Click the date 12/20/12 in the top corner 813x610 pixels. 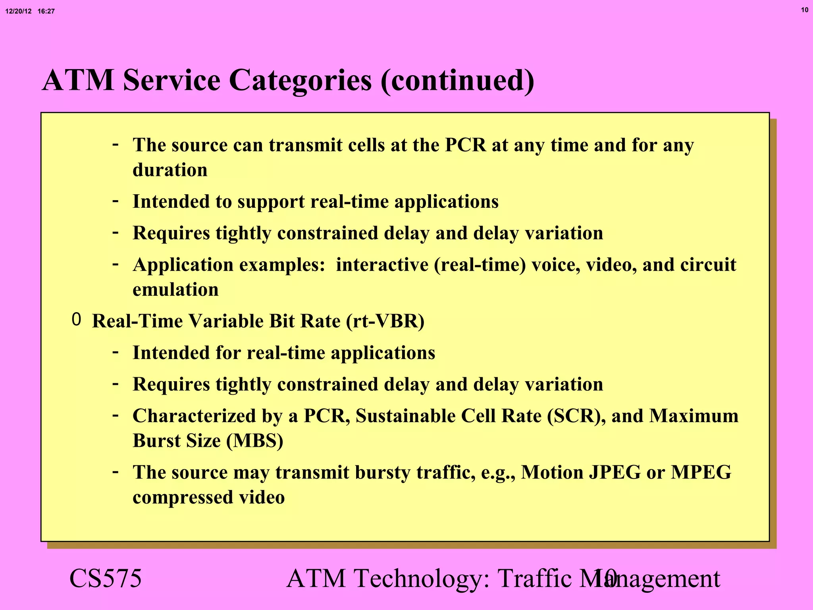[x=18, y=11]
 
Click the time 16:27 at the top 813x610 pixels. [x=46, y=11]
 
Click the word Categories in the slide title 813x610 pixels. [x=301, y=80]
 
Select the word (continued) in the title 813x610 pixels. [x=457, y=80]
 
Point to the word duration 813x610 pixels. [x=170, y=170]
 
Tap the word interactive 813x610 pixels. [x=382, y=265]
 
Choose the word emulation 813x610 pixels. [x=175, y=290]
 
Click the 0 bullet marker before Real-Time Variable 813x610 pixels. [x=76, y=320]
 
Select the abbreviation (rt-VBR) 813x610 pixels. [x=385, y=321]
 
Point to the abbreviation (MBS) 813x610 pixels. [x=254, y=441]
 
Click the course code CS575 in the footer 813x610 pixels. [x=105, y=578]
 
